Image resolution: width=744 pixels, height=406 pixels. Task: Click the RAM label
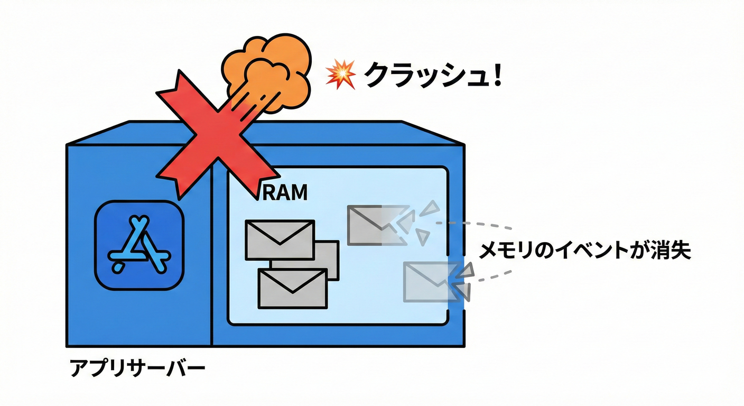tap(285, 193)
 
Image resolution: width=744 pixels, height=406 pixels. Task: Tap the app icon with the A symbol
tap(139, 246)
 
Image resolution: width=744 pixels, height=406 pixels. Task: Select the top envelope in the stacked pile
tap(280, 239)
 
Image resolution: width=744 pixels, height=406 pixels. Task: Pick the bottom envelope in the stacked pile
tap(292, 288)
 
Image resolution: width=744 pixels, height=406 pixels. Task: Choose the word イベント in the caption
tap(587, 251)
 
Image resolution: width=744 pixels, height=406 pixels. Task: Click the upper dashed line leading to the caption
tap(476, 224)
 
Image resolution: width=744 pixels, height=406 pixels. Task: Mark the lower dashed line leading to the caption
tap(491, 275)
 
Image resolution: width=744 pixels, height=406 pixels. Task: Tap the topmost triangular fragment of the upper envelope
tap(432, 208)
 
